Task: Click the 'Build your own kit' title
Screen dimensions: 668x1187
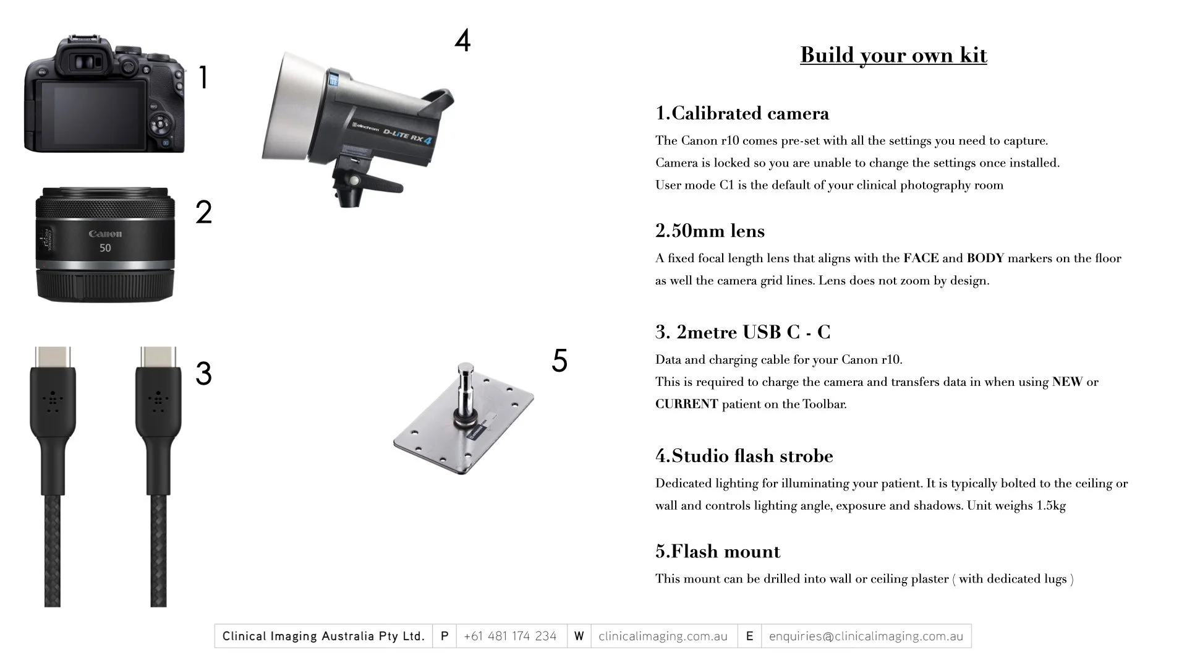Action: [893, 55]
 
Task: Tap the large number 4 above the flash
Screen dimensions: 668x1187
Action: [462, 40]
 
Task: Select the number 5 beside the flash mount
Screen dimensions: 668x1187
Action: [559, 361]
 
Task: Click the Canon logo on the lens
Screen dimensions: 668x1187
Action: [105, 234]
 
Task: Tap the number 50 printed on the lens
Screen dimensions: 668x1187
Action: [105, 248]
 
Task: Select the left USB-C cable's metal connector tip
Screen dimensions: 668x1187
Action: [53, 357]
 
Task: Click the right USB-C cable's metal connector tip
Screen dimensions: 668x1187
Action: [158, 357]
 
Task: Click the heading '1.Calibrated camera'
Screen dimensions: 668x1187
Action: [742, 113]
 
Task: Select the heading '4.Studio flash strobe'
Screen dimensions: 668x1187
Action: [744, 456]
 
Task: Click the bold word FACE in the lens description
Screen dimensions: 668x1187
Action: [921, 258]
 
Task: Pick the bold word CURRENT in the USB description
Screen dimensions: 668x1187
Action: [686, 404]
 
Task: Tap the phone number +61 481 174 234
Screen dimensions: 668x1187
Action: [510, 636]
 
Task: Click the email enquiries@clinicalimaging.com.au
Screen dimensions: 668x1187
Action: [866, 636]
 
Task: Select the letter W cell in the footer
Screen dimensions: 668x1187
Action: [579, 636]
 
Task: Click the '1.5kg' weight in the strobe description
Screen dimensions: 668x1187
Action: [1051, 505]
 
